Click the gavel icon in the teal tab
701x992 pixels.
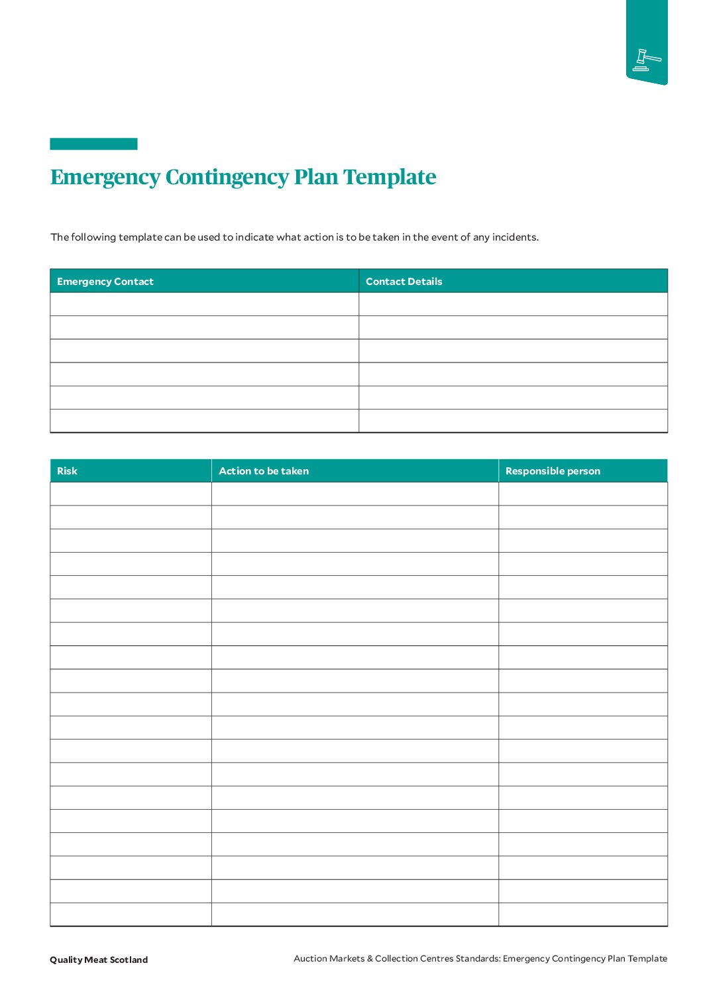click(x=646, y=60)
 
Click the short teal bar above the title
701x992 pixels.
click(x=93, y=144)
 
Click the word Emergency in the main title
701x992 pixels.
click(x=105, y=177)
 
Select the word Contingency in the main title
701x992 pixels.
click(x=227, y=177)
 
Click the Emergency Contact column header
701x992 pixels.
click(x=105, y=282)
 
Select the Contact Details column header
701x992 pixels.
click(x=404, y=282)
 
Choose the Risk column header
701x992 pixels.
click(x=67, y=471)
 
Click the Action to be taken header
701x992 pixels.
click(x=264, y=471)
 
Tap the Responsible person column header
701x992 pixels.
click(x=553, y=471)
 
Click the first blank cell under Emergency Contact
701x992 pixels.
click(x=204, y=304)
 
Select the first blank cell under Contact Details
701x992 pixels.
click(x=513, y=304)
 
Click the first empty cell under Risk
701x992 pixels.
click(x=131, y=494)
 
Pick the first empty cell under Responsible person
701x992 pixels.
click(x=582, y=494)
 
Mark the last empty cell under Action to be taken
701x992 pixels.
click(x=354, y=914)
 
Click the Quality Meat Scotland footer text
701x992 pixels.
click(x=99, y=960)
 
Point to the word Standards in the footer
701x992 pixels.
click(x=478, y=958)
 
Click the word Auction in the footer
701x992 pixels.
click(x=310, y=958)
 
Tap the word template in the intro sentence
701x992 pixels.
click(x=140, y=237)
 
